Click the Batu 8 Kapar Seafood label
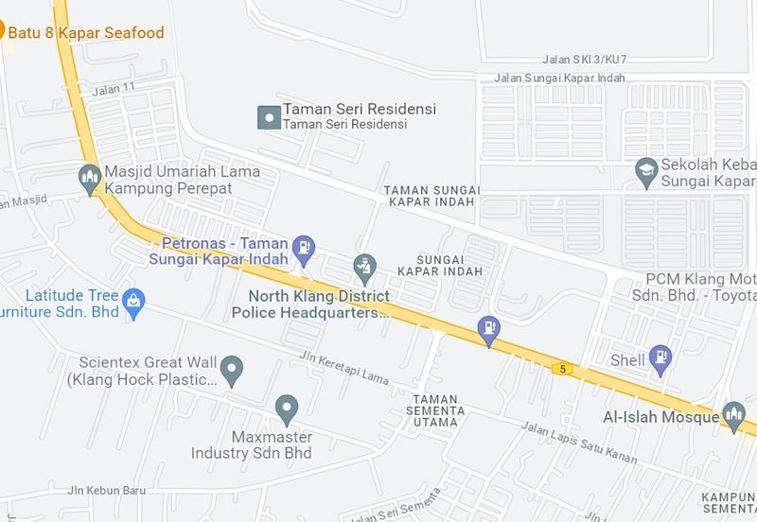[86, 33]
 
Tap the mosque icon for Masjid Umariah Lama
[91, 178]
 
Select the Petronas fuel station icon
[304, 248]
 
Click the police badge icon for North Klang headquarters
[364, 268]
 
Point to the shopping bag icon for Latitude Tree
[134, 302]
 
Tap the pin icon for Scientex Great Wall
[231, 368]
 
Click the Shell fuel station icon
[661, 359]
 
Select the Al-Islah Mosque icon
[733, 414]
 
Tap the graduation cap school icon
[646, 170]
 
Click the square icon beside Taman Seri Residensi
[269, 116]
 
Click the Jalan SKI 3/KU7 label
[585, 60]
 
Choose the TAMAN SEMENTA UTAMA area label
[436, 410]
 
